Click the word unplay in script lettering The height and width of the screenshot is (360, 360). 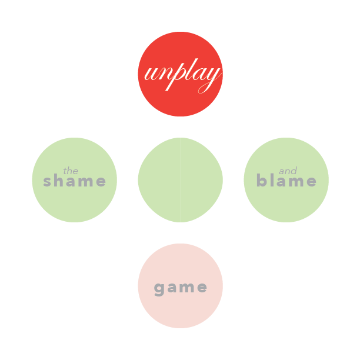tap(183, 76)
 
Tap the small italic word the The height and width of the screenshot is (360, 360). tap(71, 171)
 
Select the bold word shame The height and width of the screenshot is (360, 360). tap(74, 181)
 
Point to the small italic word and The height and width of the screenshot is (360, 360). tap(288, 171)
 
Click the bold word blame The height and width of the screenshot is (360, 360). tap(286, 180)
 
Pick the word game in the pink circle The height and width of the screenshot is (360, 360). tap(181, 288)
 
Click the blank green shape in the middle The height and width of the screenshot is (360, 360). tap(180, 180)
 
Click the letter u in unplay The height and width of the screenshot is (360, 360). tap(151, 74)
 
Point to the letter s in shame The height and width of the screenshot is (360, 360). tap(47, 181)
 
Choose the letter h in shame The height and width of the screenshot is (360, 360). tap(59, 180)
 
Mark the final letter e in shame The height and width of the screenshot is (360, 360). tap(101, 181)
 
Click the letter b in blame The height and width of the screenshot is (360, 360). tap(262, 180)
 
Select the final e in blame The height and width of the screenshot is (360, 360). tap(312, 181)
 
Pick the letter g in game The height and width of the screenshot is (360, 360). tap(159, 289)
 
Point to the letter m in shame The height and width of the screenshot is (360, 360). tap(85, 181)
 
